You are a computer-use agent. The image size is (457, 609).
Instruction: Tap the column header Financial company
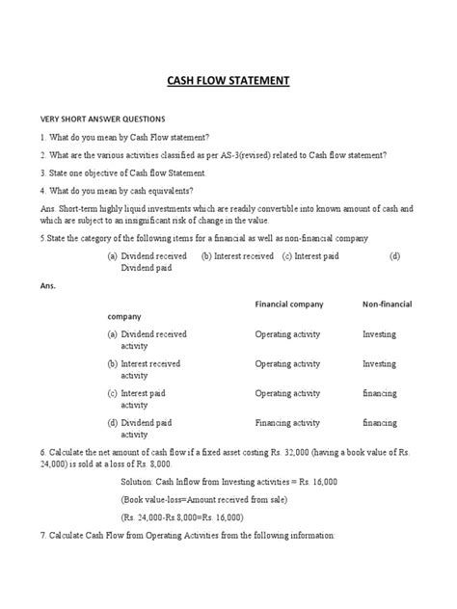pyautogui.click(x=289, y=304)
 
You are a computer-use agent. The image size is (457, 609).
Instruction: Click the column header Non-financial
pyautogui.click(x=388, y=304)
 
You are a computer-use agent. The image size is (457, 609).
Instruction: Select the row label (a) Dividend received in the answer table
pyautogui.click(x=148, y=333)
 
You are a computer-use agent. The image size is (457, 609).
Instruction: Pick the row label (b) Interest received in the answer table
pyautogui.click(x=145, y=363)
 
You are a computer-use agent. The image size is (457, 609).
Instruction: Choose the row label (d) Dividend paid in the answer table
pyautogui.click(x=141, y=422)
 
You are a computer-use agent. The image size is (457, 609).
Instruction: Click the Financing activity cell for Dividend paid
pyautogui.click(x=287, y=422)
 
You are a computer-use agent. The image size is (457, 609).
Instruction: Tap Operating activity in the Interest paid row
pyautogui.click(x=287, y=393)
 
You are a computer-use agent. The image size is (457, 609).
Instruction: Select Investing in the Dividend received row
pyautogui.click(x=379, y=333)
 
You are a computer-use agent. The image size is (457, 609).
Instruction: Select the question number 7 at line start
pyautogui.click(x=42, y=535)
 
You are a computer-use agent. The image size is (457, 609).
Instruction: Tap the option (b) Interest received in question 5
pyautogui.click(x=237, y=255)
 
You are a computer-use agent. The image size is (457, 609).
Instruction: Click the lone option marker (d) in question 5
pyautogui.click(x=394, y=255)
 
